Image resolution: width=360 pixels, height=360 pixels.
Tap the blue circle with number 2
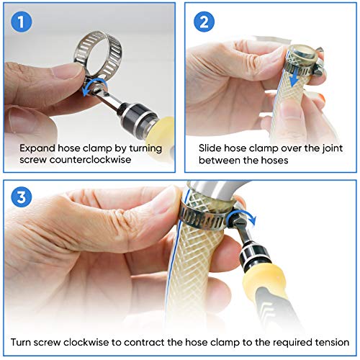pyautogui.click(x=204, y=22)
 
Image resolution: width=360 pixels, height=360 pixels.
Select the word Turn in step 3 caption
pyautogui.click(x=22, y=342)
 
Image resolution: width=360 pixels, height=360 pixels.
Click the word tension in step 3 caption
pyautogui.click(x=332, y=342)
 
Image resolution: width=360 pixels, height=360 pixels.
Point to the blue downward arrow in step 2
pyautogui.click(x=296, y=77)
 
